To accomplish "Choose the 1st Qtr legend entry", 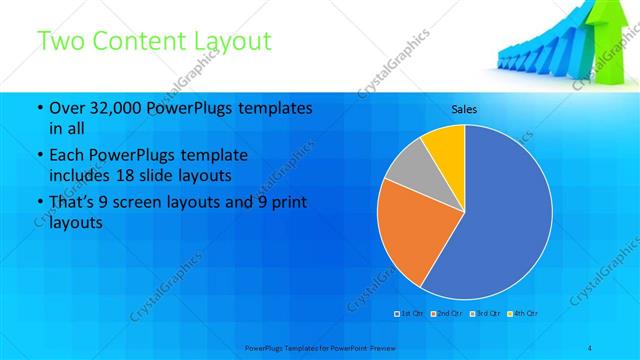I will (x=411, y=314).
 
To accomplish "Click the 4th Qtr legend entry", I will (x=522, y=314).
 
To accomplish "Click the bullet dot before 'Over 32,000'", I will (x=39, y=108).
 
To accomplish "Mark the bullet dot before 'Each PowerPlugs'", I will (x=39, y=157).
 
